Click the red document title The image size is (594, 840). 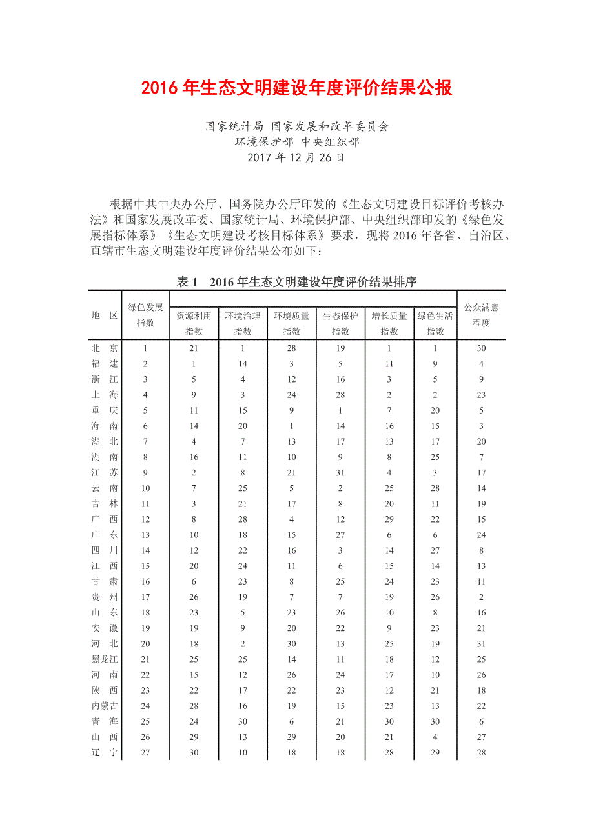[x=297, y=88]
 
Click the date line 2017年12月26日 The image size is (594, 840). [x=296, y=157]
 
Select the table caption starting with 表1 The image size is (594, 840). [x=296, y=282]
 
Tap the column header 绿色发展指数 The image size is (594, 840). [x=145, y=315]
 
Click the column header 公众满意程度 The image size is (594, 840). [x=481, y=315]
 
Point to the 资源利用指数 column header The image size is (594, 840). [x=194, y=323]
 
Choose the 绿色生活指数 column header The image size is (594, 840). [x=435, y=323]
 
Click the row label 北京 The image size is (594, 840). [x=105, y=348]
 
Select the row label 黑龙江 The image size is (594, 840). [x=105, y=659]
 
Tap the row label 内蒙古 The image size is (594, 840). [x=105, y=706]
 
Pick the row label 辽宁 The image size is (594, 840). [x=105, y=752]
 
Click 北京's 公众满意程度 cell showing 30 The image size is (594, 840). [x=481, y=348]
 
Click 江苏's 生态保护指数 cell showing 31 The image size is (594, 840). [x=340, y=473]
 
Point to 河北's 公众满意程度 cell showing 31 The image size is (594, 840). [x=481, y=644]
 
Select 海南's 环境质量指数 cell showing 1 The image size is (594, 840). [x=291, y=426]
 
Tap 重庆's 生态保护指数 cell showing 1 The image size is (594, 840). [x=340, y=410]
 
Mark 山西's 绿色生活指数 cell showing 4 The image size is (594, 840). [x=435, y=737]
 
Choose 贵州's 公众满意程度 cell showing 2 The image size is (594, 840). [x=481, y=597]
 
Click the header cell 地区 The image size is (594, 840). [x=105, y=315]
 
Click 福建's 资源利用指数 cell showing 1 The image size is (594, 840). [x=194, y=364]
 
